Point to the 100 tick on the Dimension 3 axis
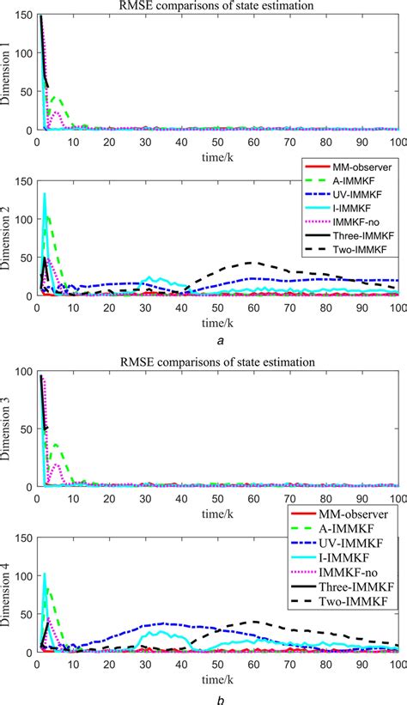pos(25,376)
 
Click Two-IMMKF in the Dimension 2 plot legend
pos(352,249)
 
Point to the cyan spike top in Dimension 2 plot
pos(44,194)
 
